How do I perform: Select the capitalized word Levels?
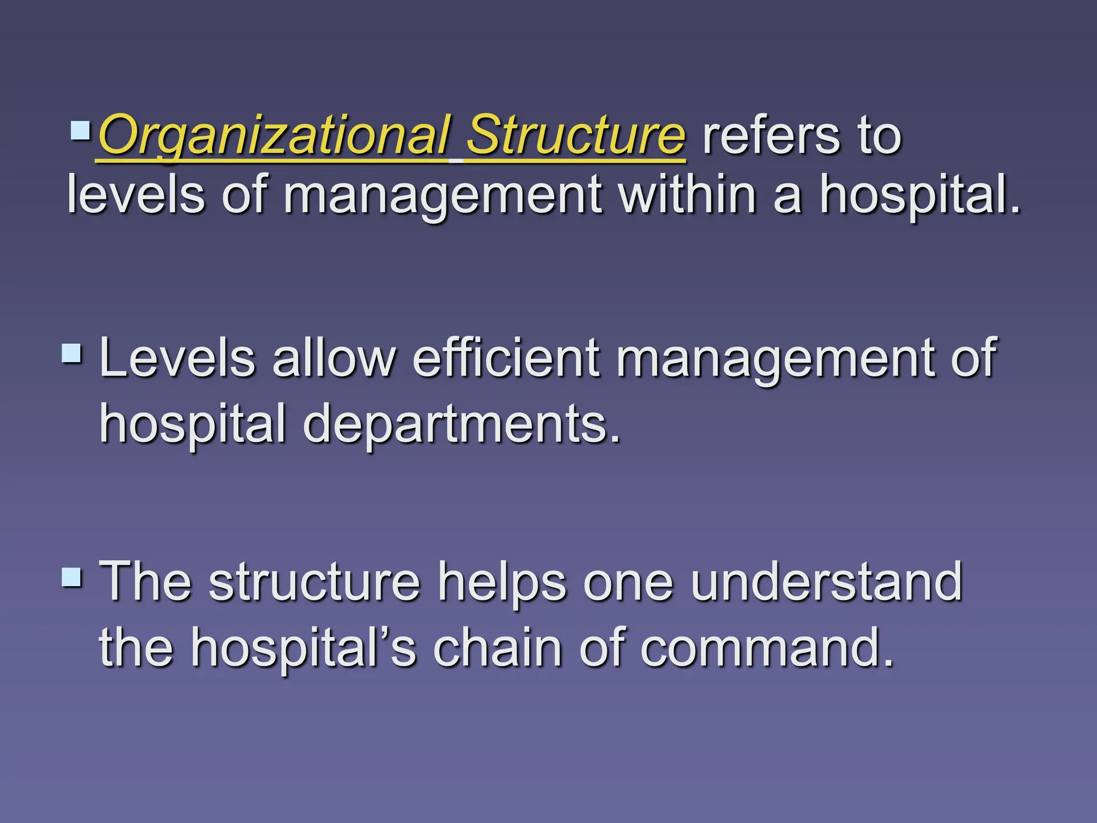pyautogui.click(x=177, y=358)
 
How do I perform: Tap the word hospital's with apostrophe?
pyautogui.click(x=303, y=648)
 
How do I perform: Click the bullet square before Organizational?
pyautogui.click(x=80, y=130)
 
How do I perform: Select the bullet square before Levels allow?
pyautogui.click(x=72, y=353)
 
